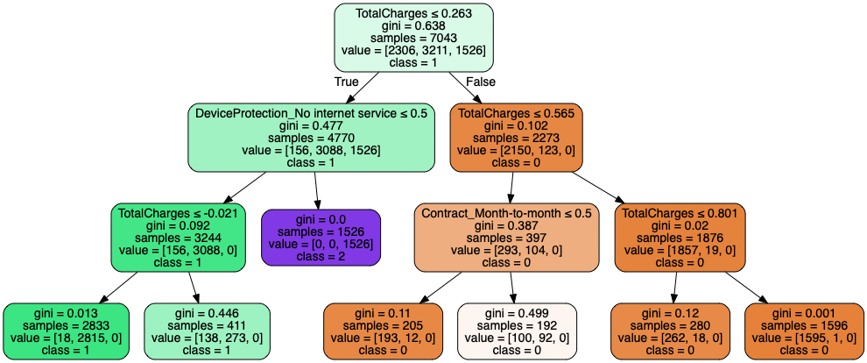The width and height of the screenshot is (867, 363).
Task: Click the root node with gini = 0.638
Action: click(413, 38)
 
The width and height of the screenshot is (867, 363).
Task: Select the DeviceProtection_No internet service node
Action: click(312, 138)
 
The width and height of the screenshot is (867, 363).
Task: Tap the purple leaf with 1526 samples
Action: click(321, 237)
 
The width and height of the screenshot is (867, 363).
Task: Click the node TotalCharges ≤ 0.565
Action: click(517, 138)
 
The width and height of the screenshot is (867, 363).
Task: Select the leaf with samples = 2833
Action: click(66, 331)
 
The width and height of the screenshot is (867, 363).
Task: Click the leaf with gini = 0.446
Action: click(206, 331)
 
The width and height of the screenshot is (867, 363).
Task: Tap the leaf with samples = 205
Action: click(384, 331)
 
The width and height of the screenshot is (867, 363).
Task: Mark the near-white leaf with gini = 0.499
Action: click(517, 331)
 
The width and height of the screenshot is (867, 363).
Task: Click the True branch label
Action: click(347, 82)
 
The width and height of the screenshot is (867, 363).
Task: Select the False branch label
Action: click(481, 82)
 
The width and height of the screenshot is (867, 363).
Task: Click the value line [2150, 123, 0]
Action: click(517, 151)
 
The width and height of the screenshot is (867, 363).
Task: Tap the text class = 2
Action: click(321, 256)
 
